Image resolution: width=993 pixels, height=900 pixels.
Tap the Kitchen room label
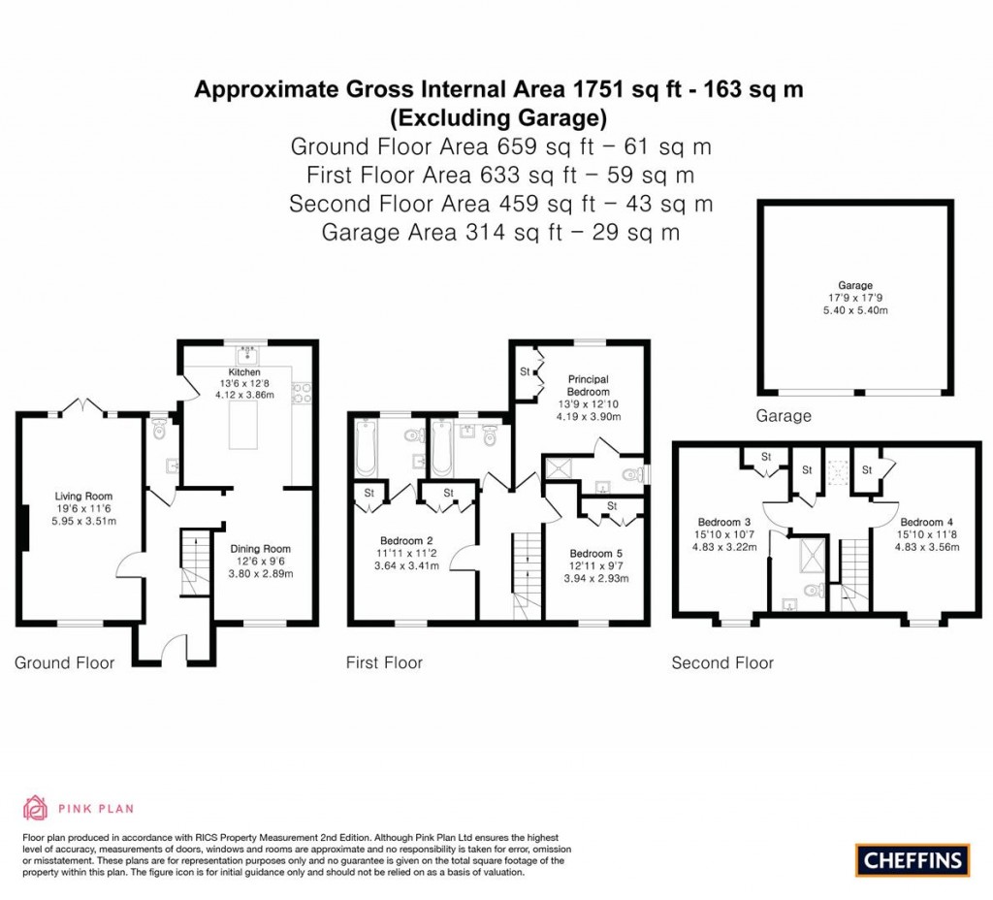(244, 372)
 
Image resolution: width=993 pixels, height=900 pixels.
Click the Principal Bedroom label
(588, 385)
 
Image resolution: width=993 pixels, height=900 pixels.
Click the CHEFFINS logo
(913, 859)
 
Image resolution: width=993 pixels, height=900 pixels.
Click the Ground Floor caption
(64, 663)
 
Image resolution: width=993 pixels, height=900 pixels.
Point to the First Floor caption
(384, 663)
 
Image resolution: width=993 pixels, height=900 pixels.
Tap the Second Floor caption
(722, 663)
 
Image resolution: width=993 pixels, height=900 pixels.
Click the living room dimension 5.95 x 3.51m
(83, 521)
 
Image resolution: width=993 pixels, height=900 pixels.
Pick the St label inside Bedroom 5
(612, 506)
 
